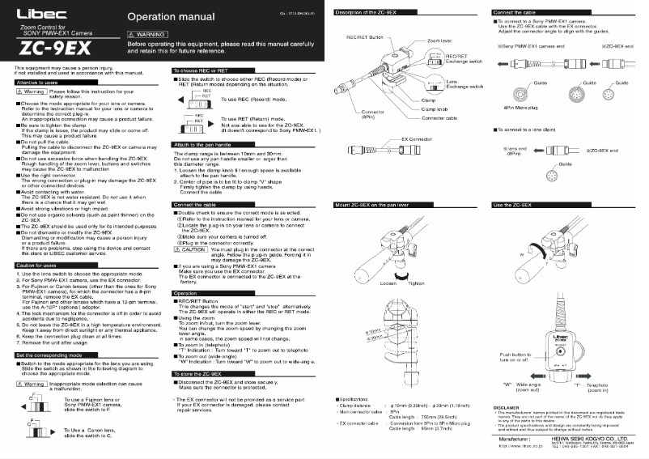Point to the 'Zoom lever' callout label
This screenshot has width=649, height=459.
440,40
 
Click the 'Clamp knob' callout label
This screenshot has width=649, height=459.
435,108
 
